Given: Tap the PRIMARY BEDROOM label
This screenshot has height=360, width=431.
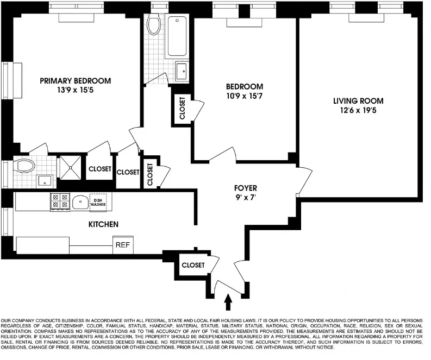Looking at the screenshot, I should pos(75,81).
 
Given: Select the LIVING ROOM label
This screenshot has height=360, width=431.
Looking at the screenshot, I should pos(358,101).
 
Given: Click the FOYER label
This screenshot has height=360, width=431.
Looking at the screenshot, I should pos(246,188).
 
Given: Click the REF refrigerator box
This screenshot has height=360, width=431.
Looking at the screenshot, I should pos(122,245).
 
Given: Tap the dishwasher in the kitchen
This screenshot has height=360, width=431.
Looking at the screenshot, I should pos(98,203).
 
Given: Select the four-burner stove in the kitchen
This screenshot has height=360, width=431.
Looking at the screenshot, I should pos(60,201).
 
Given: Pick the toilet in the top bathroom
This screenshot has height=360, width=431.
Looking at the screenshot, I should pos(154,24).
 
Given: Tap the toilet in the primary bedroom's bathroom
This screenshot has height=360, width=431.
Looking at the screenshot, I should pos(24,165).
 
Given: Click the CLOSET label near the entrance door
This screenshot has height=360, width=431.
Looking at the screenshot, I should pos(193,265).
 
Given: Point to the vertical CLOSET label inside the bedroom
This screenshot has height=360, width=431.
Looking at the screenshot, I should pos(182,108).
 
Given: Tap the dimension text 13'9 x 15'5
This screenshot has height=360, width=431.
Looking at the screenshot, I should pos(75,90).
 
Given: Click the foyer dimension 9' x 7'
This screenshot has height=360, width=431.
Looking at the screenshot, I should pos(246,198).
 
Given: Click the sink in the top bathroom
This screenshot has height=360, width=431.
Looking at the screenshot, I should pos(181,71).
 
